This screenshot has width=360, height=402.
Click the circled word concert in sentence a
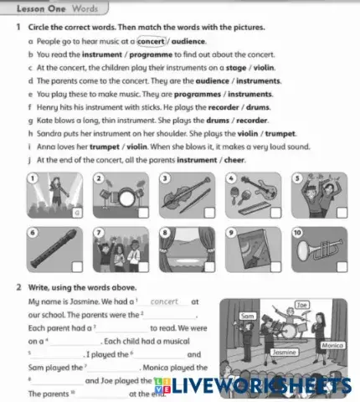[x=151, y=40]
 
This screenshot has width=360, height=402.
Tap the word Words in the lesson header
[x=85, y=8]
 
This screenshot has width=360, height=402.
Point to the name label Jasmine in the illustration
[x=285, y=353]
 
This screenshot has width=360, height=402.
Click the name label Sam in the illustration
[x=246, y=317]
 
